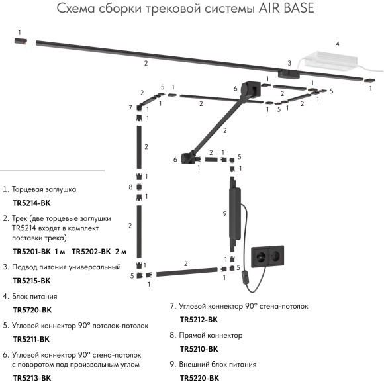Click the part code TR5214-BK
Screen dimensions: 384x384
point(32,203)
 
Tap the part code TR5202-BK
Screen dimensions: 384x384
point(91,252)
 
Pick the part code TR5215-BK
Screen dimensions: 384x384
point(32,281)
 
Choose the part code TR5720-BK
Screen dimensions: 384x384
point(32,310)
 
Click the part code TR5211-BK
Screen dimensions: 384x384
point(32,339)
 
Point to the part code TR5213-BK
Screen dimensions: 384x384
point(32,378)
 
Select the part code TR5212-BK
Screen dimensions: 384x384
point(199,320)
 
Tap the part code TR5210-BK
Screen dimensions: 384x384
point(199,348)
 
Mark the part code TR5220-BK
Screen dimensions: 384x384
point(199,377)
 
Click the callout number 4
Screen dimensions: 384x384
point(338,44)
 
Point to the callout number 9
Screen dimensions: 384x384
point(225,213)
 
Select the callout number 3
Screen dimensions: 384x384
point(289,63)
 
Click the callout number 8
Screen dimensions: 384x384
point(131,187)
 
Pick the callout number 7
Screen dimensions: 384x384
point(131,107)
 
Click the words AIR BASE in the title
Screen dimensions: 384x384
point(285,9)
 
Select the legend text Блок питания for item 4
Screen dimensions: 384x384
point(34,297)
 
